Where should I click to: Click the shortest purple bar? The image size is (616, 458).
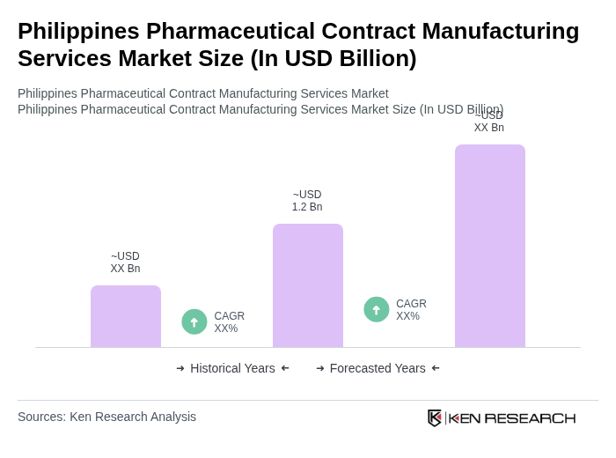pos(126,316)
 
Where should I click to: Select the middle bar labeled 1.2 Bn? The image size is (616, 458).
pos(308,285)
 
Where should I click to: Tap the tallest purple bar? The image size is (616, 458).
pos(490,246)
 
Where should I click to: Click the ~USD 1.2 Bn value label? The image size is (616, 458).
pos(307,201)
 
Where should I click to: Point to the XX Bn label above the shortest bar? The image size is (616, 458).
pos(125,262)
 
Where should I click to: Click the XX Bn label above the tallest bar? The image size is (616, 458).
pos(489,122)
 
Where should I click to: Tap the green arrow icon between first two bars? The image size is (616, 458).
pos(194,322)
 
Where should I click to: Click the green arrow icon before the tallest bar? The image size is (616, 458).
pos(377,310)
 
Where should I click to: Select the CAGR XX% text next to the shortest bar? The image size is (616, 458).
pos(230,322)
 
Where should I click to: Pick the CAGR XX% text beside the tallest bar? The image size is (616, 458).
pos(411,310)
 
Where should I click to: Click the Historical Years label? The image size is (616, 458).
pos(232,368)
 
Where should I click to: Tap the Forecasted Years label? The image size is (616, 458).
pos(378,368)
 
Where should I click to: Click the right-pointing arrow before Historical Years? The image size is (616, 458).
pos(180,368)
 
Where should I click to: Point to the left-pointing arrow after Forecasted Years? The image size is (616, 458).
pos(436,368)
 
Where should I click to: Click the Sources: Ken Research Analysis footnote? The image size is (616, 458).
pos(106,417)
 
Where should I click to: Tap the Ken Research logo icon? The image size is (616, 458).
pos(435,417)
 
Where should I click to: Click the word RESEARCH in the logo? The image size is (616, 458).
pos(530,417)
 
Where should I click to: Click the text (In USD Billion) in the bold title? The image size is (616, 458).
pos(334,58)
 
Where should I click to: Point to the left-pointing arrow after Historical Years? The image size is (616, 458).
pos(285,368)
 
